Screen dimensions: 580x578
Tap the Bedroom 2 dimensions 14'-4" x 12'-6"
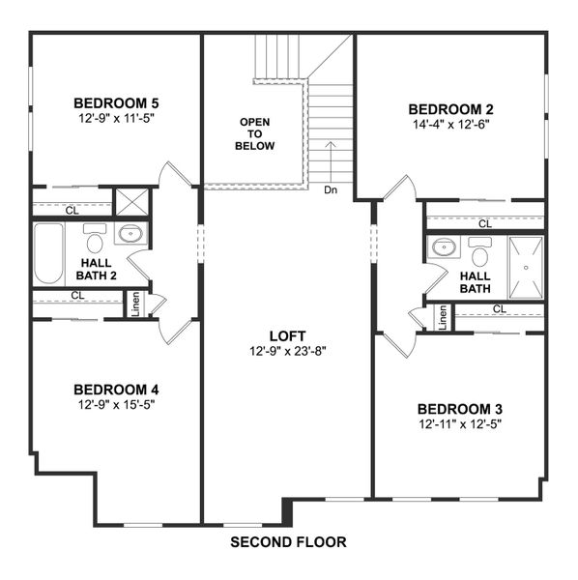click(x=449, y=125)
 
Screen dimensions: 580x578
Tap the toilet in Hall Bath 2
click(x=95, y=236)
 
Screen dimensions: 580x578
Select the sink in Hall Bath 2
click(x=130, y=234)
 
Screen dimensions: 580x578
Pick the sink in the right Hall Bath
click(x=444, y=247)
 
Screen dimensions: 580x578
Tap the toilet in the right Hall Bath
click(x=480, y=253)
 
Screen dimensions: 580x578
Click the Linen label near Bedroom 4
click(x=135, y=304)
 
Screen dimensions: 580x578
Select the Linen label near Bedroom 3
click(x=443, y=317)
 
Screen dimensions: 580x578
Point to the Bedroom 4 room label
click(x=115, y=390)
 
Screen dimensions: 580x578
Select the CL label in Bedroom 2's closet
click(x=483, y=223)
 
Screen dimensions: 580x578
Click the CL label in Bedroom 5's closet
click(x=72, y=208)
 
